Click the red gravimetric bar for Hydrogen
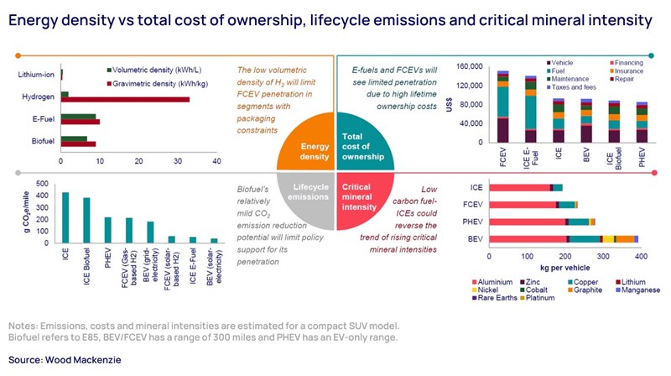(x=126, y=99)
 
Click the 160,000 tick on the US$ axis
(x=466, y=66)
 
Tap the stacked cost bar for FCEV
(x=502, y=107)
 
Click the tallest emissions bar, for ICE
(x=65, y=218)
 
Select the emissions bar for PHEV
(x=107, y=231)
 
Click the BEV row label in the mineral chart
(x=476, y=239)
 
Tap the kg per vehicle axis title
(x=565, y=269)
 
